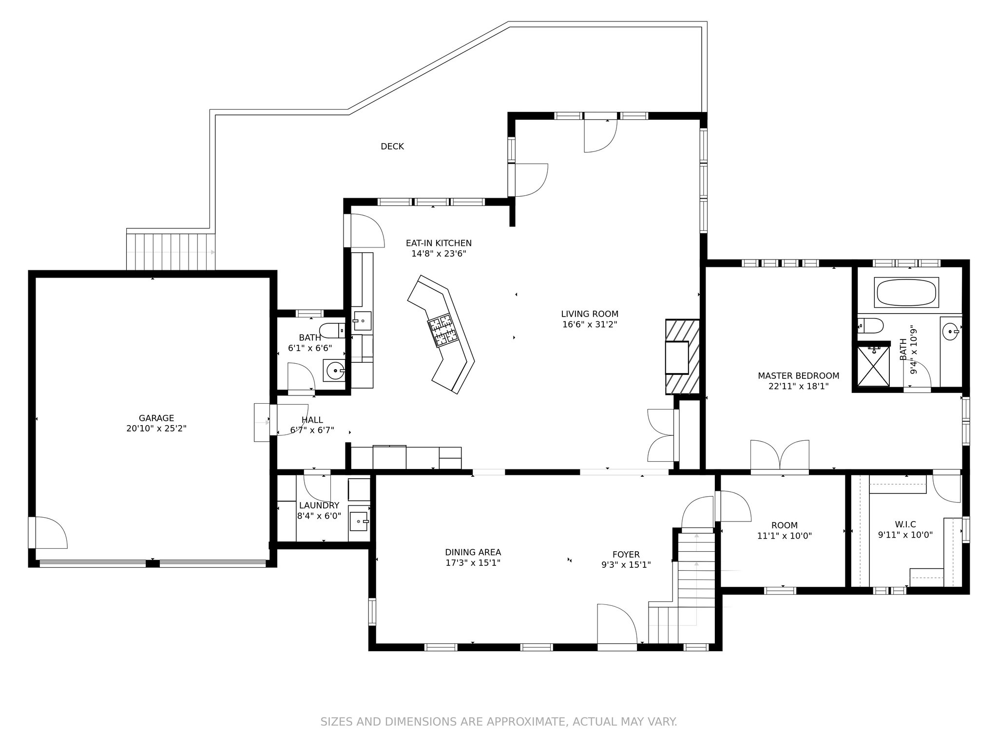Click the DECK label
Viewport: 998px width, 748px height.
click(x=392, y=147)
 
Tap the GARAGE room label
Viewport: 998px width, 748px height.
click(x=156, y=418)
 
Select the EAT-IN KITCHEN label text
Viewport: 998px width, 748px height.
click(x=439, y=243)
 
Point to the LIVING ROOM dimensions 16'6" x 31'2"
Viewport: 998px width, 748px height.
click(x=590, y=325)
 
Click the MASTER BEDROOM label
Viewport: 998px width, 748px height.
click(x=798, y=376)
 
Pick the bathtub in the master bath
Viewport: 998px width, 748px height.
click(x=906, y=293)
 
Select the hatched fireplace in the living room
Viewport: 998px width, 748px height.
click(x=683, y=356)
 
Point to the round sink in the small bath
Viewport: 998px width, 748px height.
click(x=335, y=371)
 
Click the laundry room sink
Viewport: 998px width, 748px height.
click(x=359, y=521)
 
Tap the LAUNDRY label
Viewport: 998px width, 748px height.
click(x=319, y=505)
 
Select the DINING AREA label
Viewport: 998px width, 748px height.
click(x=473, y=552)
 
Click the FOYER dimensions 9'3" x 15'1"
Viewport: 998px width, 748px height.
click(x=626, y=565)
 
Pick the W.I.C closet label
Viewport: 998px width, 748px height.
click(x=905, y=524)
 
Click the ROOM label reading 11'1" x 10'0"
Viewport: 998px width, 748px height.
click(x=785, y=525)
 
